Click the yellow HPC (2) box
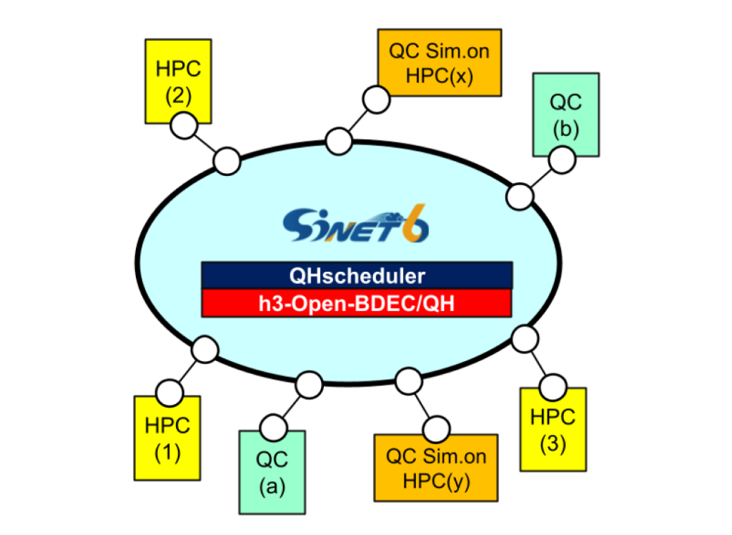click(x=179, y=79)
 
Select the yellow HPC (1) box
click(x=167, y=438)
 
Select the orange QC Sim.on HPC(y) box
click(x=436, y=468)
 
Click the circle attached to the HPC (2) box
click(x=183, y=127)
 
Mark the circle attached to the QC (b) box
click(x=561, y=159)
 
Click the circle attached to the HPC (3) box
click(x=552, y=386)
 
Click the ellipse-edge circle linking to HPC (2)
click(x=228, y=160)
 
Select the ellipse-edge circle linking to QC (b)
click(x=520, y=195)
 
